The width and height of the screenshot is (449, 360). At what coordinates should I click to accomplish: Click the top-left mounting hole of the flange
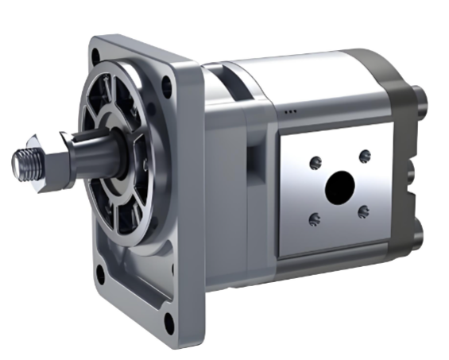96,56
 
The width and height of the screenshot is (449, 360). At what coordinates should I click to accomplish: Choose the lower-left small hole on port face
315,219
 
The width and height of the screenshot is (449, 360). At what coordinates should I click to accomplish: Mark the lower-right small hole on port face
363,211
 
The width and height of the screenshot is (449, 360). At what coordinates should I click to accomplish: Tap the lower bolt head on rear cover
422,230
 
